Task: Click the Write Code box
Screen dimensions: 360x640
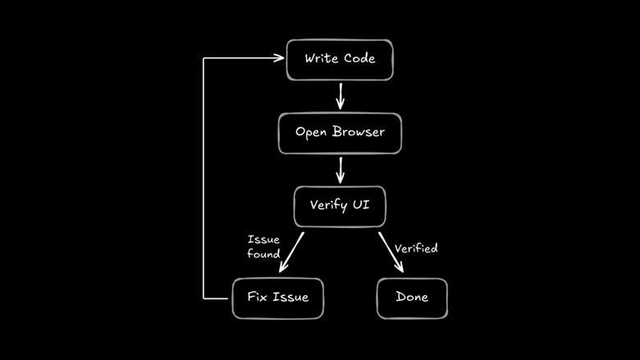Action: [x=340, y=60]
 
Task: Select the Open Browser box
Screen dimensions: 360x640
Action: [x=340, y=133]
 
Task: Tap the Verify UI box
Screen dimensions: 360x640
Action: [x=340, y=205]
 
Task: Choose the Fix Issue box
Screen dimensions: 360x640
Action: [x=277, y=297]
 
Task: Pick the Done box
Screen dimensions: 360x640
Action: [x=412, y=297]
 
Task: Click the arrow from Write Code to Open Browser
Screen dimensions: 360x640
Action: [x=340, y=96]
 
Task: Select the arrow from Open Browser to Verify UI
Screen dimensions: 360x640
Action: [x=340, y=169]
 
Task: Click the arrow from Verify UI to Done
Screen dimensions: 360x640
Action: [x=391, y=252]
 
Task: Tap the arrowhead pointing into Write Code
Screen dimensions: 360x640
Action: [x=277, y=58]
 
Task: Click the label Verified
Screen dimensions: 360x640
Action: [x=416, y=248]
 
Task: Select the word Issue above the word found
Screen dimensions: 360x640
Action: [x=263, y=239]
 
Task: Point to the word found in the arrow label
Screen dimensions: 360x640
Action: [x=263, y=254]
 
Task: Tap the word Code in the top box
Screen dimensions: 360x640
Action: [x=359, y=60]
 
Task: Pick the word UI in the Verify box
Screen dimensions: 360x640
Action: [x=360, y=205]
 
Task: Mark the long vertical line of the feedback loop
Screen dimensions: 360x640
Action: [x=203, y=180]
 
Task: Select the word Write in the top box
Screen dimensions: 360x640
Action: [x=322, y=60]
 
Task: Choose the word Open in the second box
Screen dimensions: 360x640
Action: [x=311, y=133]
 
